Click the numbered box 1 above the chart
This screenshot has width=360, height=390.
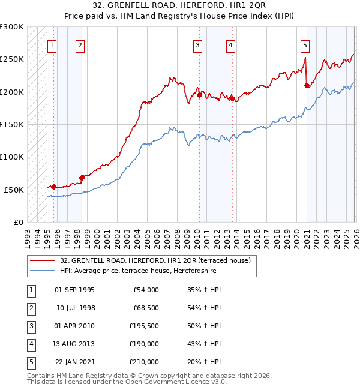(x=52, y=44)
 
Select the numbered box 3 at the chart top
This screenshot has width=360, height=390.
(x=197, y=44)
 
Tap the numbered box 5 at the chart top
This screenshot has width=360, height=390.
(x=305, y=44)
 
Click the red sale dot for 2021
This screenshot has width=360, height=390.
(x=307, y=86)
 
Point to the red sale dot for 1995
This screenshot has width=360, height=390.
(x=54, y=187)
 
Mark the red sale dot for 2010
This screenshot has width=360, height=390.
(x=199, y=95)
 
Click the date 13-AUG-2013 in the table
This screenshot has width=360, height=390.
(x=74, y=344)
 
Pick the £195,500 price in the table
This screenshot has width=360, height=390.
(x=144, y=326)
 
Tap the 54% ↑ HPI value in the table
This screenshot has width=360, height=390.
(x=204, y=308)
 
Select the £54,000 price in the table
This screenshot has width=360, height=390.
(x=146, y=290)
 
